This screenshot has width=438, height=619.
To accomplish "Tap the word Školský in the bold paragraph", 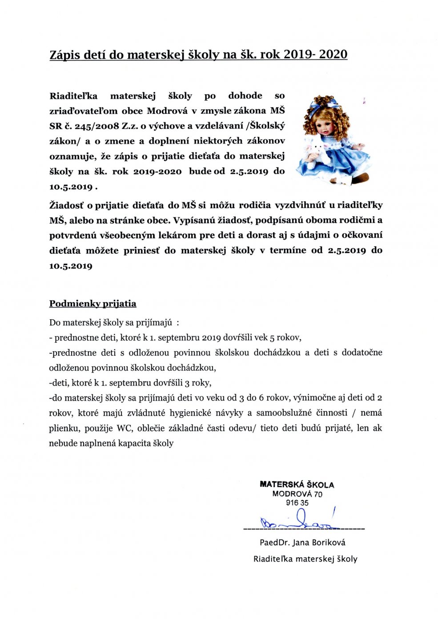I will tap(268, 126).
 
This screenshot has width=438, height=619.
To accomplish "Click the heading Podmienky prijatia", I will tap(92, 304).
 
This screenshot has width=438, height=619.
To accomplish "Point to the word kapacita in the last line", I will tap(135, 443).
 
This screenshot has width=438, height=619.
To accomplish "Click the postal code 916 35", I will tap(297, 503).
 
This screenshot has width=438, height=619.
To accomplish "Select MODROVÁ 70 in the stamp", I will tap(297, 494).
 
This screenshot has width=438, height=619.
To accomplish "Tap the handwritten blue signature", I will tap(298, 523).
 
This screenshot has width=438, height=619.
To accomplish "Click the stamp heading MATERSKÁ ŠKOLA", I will tap(297, 485).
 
